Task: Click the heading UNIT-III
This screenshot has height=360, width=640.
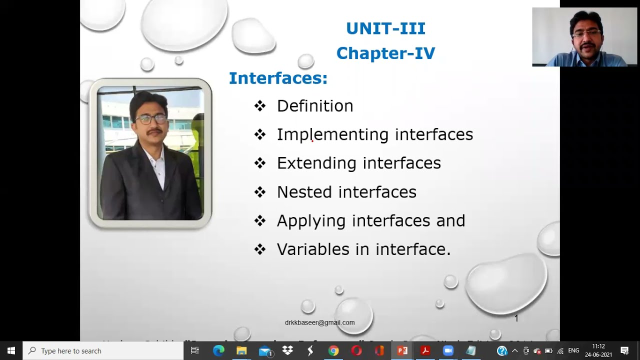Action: click(385, 28)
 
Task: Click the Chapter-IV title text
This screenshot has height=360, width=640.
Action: click(385, 53)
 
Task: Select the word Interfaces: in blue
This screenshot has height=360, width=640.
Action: click(278, 78)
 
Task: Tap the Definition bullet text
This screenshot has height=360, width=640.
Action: click(315, 106)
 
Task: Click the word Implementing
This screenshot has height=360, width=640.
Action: click(332, 134)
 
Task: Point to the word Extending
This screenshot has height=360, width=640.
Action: click(317, 163)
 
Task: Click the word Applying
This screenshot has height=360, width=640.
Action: click(311, 221)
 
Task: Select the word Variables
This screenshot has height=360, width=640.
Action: click(313, 249)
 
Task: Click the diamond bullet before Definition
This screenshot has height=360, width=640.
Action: click(259, 106)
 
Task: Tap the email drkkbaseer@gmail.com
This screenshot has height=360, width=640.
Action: click(319, 322)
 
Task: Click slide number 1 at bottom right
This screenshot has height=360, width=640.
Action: click(516, 318)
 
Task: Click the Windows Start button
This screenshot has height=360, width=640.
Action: click(11, 351)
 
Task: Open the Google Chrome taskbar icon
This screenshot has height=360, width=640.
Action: click(333, 351)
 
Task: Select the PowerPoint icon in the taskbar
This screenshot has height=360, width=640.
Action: click(402, 351)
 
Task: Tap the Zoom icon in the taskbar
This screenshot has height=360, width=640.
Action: click(448, 351)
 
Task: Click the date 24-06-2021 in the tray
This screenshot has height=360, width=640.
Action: click(598, 354)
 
